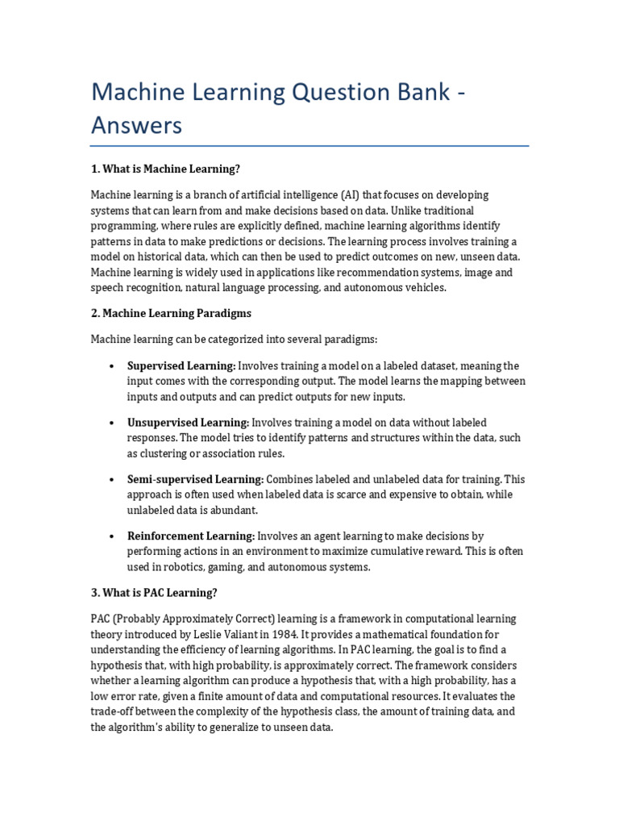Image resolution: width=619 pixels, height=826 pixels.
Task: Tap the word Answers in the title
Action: tap(136, 126)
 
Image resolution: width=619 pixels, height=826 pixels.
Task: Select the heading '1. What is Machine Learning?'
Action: tap(166, 169)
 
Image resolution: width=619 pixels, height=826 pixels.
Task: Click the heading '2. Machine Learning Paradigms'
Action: tap(172, 313)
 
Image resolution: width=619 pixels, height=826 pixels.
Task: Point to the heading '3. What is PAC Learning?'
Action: tap(154, 593)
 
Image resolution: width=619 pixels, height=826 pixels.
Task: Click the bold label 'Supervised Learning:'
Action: tap(181, 366)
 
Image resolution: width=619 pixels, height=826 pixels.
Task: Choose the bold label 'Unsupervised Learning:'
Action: tap(188, 423)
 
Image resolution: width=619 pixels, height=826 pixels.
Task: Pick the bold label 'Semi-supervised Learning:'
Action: tap(195, 479)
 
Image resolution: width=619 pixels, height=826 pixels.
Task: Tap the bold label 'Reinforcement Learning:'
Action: tap(191, 536)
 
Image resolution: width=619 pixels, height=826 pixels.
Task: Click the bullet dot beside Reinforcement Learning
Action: tap(110, 536)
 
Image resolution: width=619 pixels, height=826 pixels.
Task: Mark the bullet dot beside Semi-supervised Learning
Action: tap(110, 480)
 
